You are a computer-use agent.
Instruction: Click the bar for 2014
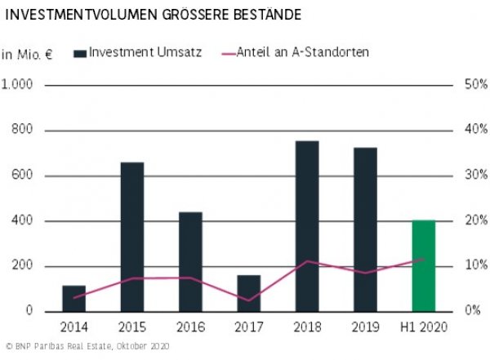point(74,299)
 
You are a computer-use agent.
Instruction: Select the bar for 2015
point(132,237)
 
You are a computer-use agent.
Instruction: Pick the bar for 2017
point(249,293)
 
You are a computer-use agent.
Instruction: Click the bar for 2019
point(365,229)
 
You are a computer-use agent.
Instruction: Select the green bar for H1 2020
point(423,266)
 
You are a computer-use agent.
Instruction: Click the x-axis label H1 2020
point(423,327)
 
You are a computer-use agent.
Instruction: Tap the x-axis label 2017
point(249,327)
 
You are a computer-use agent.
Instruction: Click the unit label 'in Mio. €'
point(27,54)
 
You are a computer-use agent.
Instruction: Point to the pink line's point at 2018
point(307,261)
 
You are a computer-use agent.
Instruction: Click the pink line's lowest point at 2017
point(249,300)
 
